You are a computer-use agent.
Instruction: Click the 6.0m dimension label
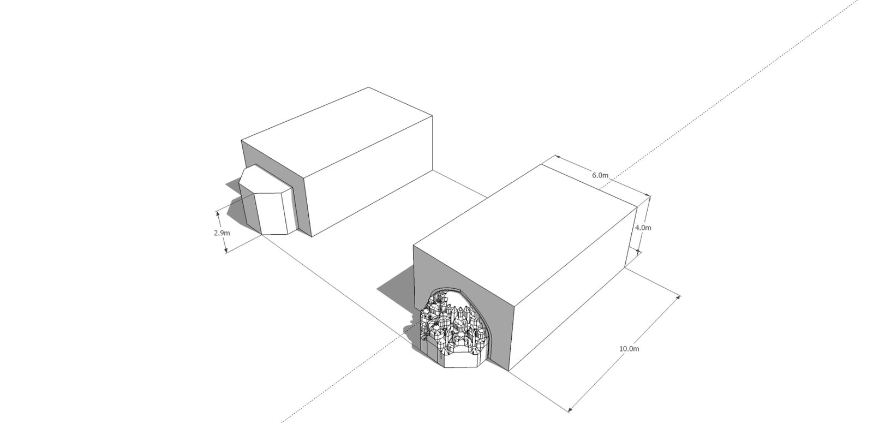tap(600, 175)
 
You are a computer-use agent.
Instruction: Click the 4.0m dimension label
tap(643, 227)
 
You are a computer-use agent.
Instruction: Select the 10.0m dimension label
tap(629, 349)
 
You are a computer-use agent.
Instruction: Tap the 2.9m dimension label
tap(222, 233)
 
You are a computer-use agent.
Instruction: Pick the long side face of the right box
tap(573, 289)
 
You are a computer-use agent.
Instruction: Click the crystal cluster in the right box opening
tap(454, 331)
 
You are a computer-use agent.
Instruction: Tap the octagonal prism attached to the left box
tap(266, 201)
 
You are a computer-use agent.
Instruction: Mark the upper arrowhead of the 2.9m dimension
tap(218, 213)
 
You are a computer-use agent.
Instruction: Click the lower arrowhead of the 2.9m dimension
tap(226, 251)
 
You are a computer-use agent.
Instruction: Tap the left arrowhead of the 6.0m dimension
tap(557, 157)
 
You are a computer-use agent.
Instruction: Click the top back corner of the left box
tap(369, 87)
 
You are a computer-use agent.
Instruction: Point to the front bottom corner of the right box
tap(508, 371)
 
